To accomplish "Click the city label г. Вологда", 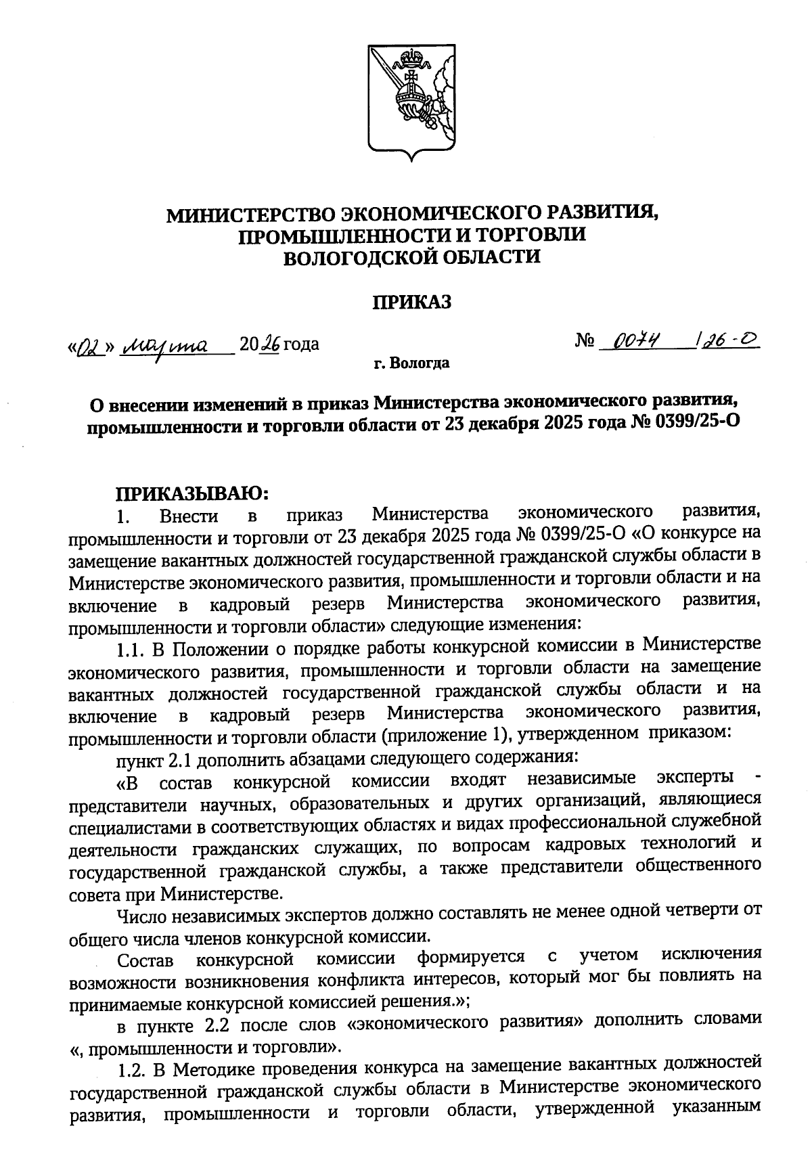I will pos(411,364).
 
